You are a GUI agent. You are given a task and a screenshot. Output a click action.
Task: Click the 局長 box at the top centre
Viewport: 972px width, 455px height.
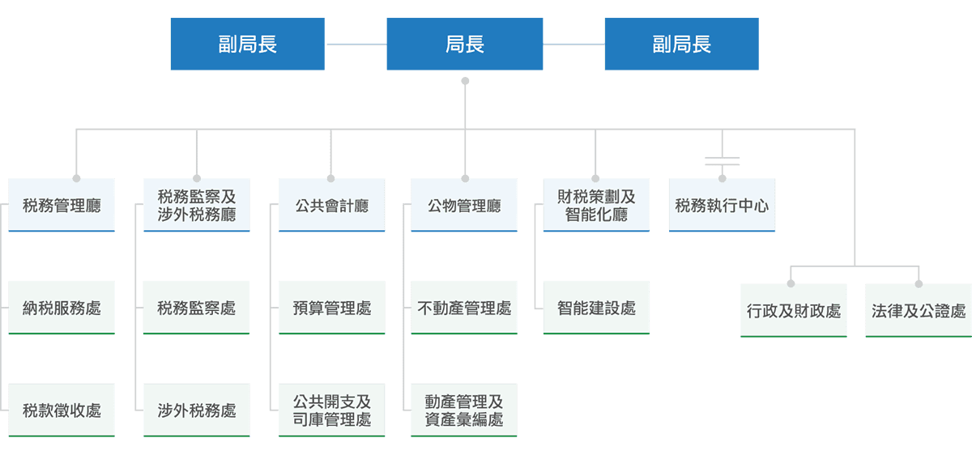coord(465,45)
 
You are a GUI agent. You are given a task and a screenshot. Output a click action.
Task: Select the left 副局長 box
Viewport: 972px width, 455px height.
coord(248,45)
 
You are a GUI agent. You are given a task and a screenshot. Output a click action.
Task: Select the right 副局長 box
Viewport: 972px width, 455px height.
coord(682,45)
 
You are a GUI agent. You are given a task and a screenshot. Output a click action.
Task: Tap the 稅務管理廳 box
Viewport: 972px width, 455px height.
coord(62,206)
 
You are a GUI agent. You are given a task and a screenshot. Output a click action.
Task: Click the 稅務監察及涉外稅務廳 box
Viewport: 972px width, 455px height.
coord(197,206)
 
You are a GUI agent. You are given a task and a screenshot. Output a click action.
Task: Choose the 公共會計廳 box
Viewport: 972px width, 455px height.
coord(331,206)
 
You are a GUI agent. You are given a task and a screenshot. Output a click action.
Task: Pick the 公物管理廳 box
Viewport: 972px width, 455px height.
coord(464,206)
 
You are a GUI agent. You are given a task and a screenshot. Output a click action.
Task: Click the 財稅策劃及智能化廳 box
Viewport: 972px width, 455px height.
coord(596,206)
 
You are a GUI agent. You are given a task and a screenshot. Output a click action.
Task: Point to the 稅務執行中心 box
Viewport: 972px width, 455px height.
coord(722,206)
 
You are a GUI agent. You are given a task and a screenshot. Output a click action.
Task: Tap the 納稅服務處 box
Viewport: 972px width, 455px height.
coord(62,308)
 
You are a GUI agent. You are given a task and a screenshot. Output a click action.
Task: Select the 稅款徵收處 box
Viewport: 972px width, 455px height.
coord(62,410)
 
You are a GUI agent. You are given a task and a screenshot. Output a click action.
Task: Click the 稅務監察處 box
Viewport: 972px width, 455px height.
coord(197,308)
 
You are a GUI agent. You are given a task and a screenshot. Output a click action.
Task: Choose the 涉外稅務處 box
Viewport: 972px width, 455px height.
coord(197,410)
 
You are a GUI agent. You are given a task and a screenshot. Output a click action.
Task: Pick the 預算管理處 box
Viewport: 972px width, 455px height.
coord(331,308)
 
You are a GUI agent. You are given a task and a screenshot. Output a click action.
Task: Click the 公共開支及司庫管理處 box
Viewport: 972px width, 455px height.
coord(331,410)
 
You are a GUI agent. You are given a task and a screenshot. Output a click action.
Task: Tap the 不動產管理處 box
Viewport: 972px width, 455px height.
coord(464,308)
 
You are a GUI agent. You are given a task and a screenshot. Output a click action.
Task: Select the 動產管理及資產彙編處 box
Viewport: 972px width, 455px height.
coord(464,410)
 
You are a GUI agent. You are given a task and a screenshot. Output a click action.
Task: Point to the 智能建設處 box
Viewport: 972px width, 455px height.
coord(596,308)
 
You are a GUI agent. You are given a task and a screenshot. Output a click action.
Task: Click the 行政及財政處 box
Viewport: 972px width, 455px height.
coord(794,311)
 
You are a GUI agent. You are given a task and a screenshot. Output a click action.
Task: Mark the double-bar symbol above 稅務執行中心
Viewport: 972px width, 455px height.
coord(722,159)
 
